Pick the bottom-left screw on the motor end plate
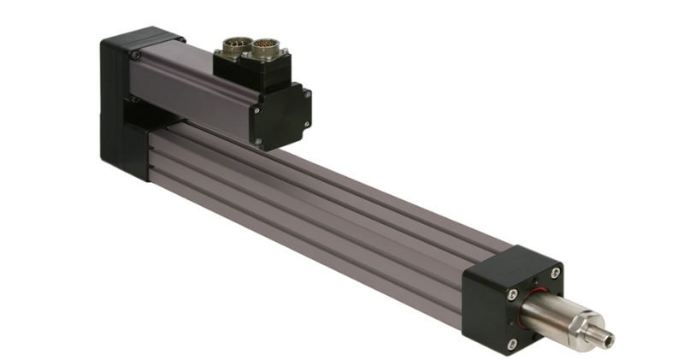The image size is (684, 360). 256,139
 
